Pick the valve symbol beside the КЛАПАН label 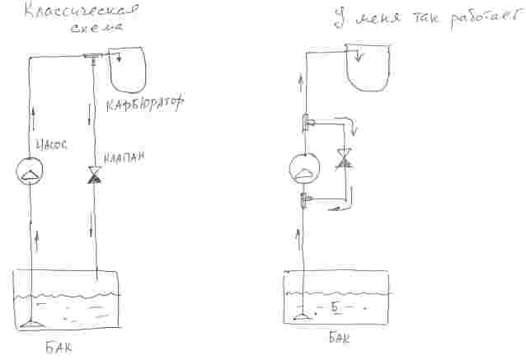click(96, 175)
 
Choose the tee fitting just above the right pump click(306, 123)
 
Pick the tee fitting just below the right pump click(305, 198)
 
